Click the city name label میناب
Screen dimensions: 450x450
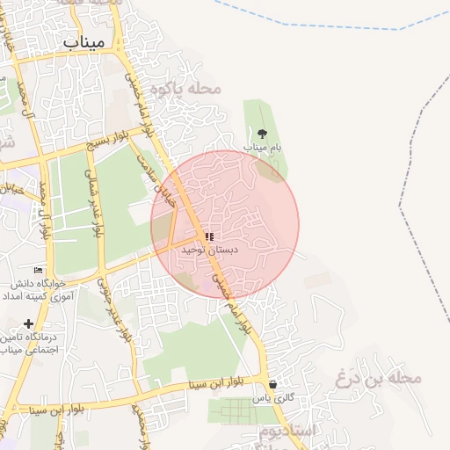(84, 40)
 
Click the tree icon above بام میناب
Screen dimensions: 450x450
(262, 134)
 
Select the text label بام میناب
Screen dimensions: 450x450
(263, 148)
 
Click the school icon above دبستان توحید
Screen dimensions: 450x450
(209, 236)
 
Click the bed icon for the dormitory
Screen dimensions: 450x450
(38, 270)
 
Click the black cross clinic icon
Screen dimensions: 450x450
(30, 323)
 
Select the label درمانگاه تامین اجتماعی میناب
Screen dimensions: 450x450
(29, 343)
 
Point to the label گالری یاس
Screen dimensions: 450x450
(272, 399)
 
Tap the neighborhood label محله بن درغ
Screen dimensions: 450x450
(379, 379)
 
